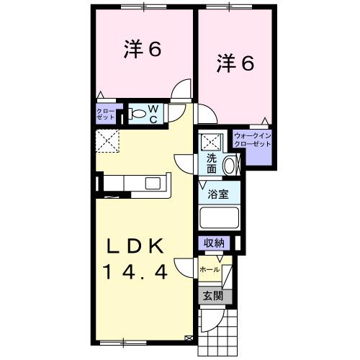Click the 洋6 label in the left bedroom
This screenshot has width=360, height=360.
pyautogui.click(x=141, y=50)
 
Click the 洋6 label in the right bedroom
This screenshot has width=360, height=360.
pyautogui.click(x=235, y=63)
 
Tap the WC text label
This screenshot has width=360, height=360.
pyautogui.click(x=153, y=114)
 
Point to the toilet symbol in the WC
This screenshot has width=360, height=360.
pyautogui.click(x=137, y=114)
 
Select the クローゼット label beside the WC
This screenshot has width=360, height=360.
pyautogui.click(x=105, y=114)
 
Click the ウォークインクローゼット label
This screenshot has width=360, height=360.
pyautogui.click(x=252, y=140)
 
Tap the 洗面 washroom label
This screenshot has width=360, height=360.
pyautogui.click(x=212, y=163)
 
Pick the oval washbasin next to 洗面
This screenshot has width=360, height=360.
pyautogui.click(x=230, y=165)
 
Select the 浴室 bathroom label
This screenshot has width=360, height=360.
pyautogui.click(x=219, y=194)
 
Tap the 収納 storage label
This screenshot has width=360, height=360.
pyautogui.click(x=214, y=243)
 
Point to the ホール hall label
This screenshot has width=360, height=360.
pyautogui.click(x=210, y=269)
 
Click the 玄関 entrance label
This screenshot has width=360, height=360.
pyautogui.click(x=212, y=295)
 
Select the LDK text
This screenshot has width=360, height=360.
pyautogui.click(x=140, y=247)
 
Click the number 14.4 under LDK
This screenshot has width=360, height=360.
pyautogui.click(x=140, y=273)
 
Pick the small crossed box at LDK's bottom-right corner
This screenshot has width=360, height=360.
pyautogui.click(x=189, y=336)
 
